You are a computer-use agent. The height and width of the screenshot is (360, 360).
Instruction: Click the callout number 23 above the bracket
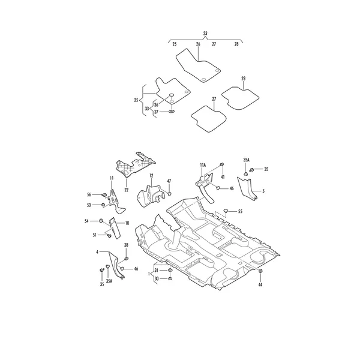205,33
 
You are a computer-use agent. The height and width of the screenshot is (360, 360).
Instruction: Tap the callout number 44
260,284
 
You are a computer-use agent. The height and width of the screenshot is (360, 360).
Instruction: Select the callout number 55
240,211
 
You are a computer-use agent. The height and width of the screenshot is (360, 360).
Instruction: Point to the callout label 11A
203,165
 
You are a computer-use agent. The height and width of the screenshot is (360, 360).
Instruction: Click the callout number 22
127,190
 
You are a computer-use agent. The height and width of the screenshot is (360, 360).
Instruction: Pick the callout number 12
151,176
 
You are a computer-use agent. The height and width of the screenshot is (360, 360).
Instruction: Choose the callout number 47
169,181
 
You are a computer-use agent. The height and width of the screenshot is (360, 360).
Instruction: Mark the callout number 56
89,194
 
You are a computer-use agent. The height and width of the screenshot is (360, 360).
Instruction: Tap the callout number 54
86,221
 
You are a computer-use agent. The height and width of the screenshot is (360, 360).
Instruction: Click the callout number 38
126,245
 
